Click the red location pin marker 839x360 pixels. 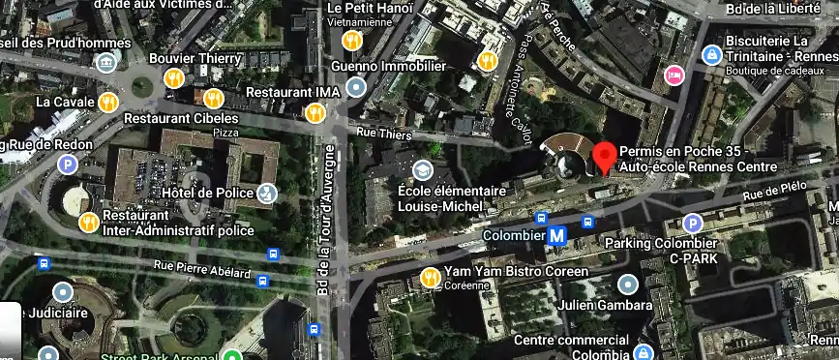605,156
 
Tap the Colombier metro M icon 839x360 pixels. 557,234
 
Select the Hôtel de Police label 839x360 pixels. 206,193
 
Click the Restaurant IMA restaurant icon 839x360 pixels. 314,113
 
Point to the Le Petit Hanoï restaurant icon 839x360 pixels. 353,41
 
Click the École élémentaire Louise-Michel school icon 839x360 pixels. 422,170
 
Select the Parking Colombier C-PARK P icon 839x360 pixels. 692,224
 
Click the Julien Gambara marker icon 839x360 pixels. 628,285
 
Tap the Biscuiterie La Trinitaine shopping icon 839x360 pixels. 711,55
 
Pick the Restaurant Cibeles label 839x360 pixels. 180,118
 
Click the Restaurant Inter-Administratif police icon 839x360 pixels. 88,222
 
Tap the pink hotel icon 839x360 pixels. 674,75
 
